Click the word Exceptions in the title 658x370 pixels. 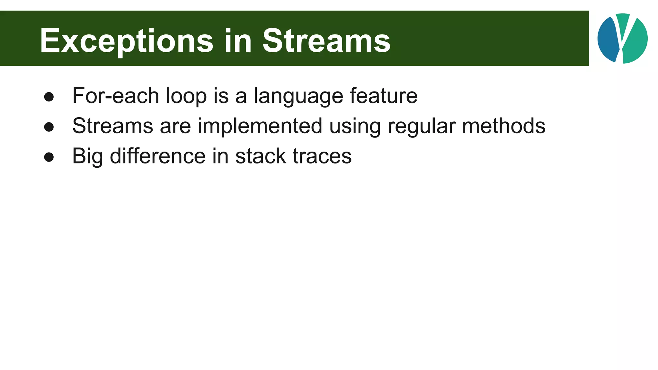tap(126, 41)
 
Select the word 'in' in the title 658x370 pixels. tap(238, 41)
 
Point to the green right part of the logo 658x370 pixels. tap(636, 42)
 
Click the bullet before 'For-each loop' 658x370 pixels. tap(49, 97)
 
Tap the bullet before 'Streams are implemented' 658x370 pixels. tap(49, 127)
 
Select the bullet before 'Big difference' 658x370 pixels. tap(49, 157)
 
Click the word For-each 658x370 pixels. tap(116, 96)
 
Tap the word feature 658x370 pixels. tap(383, 96)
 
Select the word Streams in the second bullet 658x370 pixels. tap(112, 126)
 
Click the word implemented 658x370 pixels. tap(260, 126)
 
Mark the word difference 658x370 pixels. tap(157, 156)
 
